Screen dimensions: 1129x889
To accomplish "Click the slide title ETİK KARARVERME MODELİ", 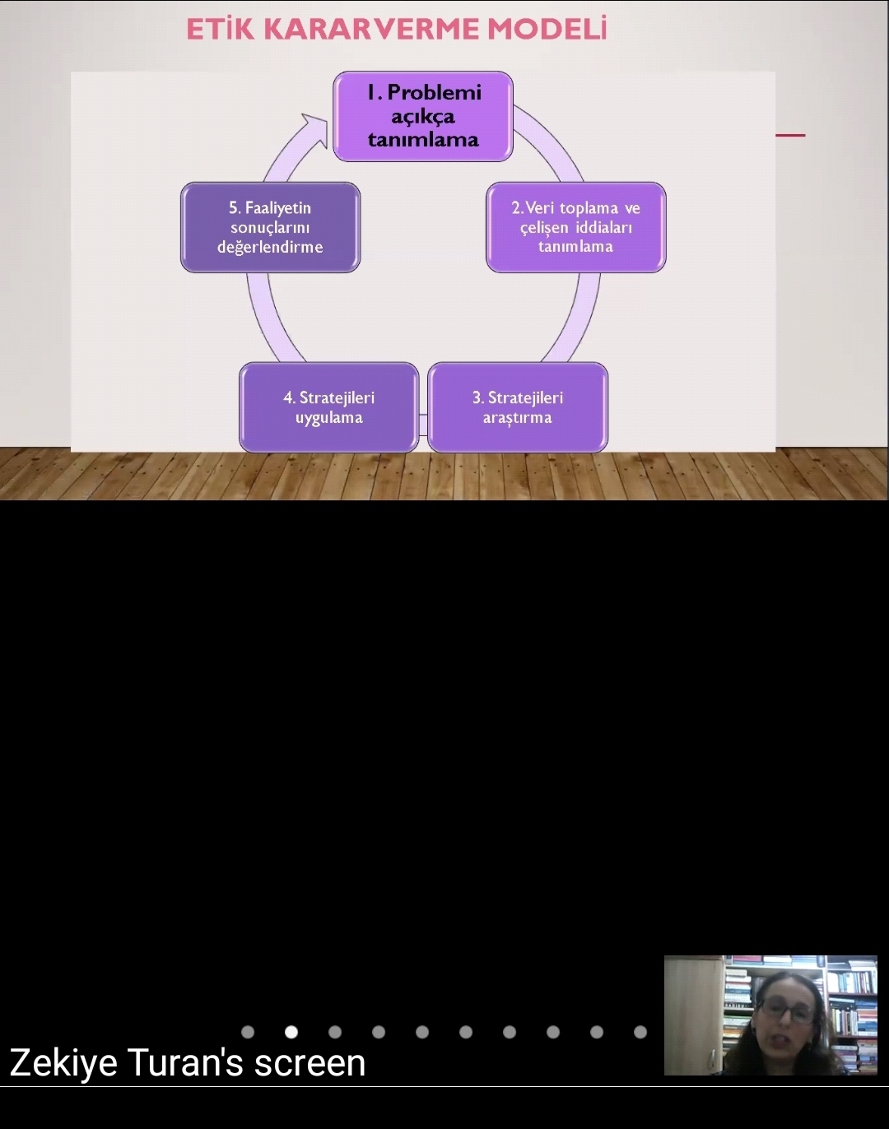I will pyautogui.click(x=396, y=29).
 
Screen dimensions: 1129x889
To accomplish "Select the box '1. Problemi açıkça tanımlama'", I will pyautogui.click(x=423, y=116).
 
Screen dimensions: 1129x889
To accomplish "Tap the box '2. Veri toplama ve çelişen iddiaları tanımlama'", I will pyautogui.click(x=575, y=227).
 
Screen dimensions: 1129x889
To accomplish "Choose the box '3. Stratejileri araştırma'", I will pyautogui.click(x=518, y=407).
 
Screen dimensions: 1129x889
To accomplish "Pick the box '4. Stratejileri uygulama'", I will pyautogui.click(x=328, y=407).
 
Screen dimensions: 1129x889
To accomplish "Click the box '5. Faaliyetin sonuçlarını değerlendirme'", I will pyautogui.click(x=270, y=227).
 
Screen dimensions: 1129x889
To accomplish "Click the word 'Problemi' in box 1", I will pyautogui.click(x=434, y=92).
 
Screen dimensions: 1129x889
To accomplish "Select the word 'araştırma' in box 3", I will pyautogui.click(x=517, y=418).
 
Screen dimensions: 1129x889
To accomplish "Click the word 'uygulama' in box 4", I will pyautogui.click(x=328, y=418).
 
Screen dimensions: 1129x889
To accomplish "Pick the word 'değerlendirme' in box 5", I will pyautogui.click(x=270, y=247).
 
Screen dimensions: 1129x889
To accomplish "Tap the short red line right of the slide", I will pyautogui.click(x=790, y=135).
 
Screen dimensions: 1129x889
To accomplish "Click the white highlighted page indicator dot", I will pyautogui.click(x=291, y=1032).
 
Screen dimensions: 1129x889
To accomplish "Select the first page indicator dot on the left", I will pyautogui.click(x=248, y=1032).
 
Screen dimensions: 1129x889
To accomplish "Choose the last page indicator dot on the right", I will pyautogui.click(x=640, y=1032).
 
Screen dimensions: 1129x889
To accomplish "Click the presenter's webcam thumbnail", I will pyautogui.click(x=770, y=1015).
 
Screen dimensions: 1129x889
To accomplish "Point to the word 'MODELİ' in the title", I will pyautogui.click(x=547, y=29).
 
